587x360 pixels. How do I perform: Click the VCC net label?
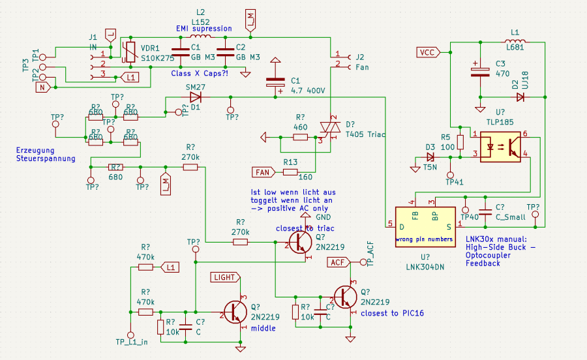(x=428, y=52)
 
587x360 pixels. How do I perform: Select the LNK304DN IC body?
(x=424, y=226)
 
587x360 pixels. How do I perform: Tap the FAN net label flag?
(x=263, y=172)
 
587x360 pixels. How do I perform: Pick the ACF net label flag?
(x=338, y=262)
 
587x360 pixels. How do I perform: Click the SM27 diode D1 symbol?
(x=196, y=97)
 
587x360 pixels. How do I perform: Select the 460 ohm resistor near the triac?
(x=300, y=138)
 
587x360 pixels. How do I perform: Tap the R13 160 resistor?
(x=290, y=172)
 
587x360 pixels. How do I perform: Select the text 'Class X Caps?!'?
(x=199, y=73)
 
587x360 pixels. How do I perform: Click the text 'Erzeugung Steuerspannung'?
(x=46, y=154)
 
